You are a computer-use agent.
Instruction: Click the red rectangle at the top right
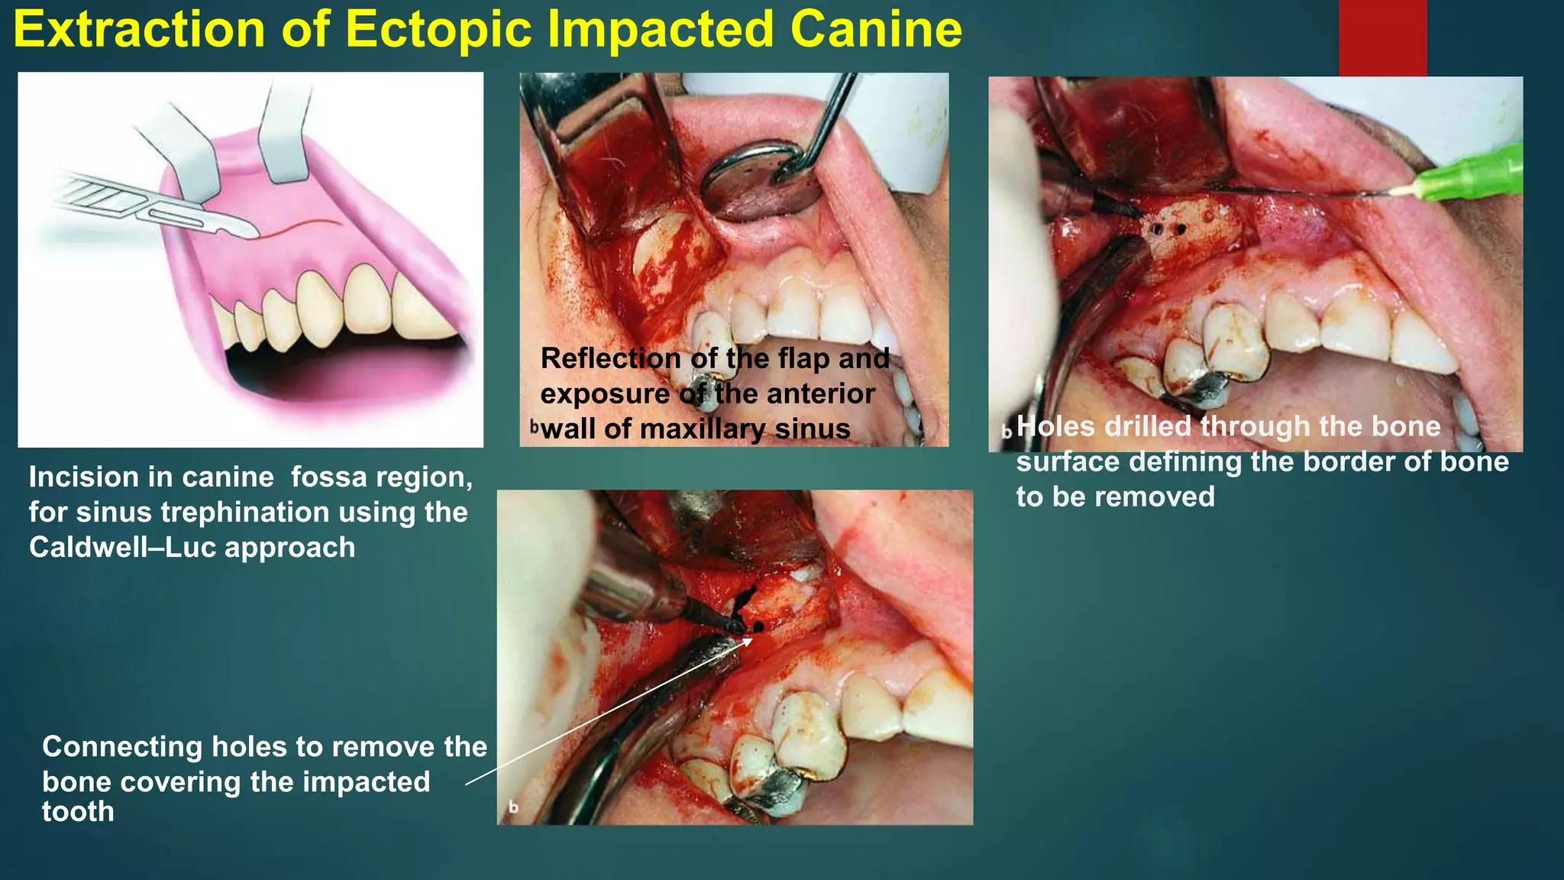1382,38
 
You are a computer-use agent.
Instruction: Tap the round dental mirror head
761,180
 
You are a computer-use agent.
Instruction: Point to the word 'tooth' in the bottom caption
78,812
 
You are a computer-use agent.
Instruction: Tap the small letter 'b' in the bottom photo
513,807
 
